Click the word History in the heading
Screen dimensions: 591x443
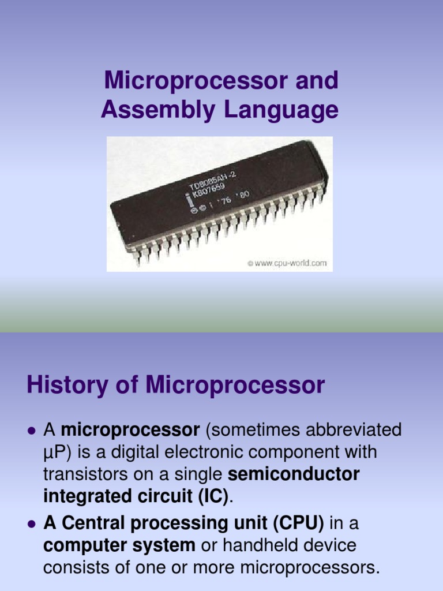pos(63,386)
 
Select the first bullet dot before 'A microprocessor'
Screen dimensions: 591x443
pos(32,430)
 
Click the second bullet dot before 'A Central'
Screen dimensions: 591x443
pos(32,524)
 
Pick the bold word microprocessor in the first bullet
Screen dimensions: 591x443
pos(130,430)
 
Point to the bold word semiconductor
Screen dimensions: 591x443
pos(294,474)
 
